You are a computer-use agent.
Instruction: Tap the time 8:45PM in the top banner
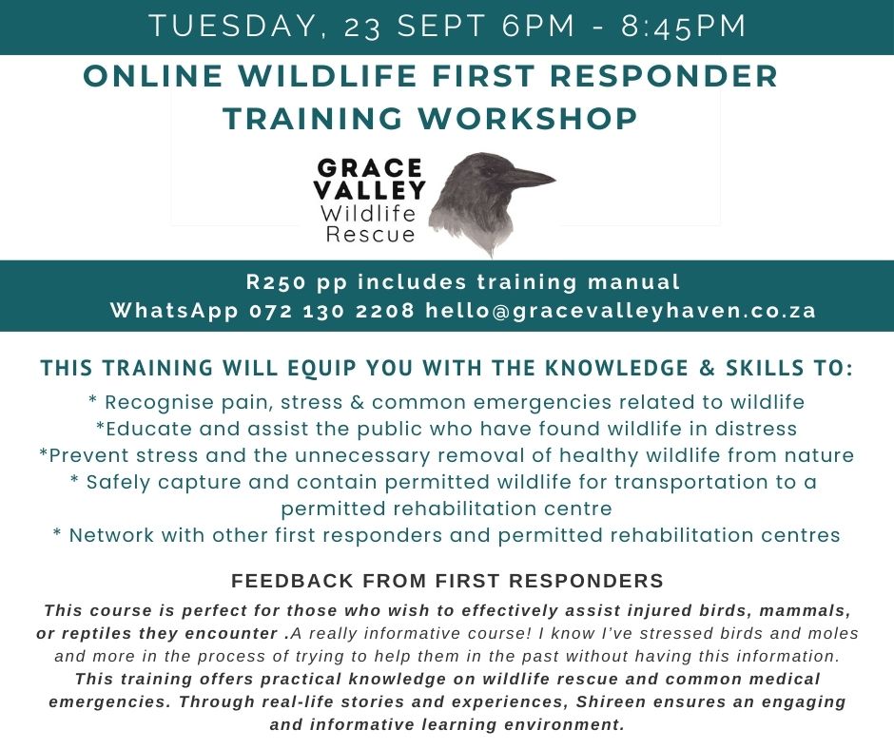click(x=684, y=27)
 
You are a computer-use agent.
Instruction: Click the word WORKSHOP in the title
click(x=528, y=119)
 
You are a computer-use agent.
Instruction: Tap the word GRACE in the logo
click(x=369, y=168)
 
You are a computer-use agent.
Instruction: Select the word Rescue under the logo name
click(x=370, y=234)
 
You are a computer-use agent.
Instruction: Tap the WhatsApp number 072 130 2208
click(x=332, y=311)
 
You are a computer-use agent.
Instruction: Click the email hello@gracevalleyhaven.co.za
click(x=620, y=311)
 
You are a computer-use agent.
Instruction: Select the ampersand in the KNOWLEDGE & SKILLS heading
click(x=707, y=368)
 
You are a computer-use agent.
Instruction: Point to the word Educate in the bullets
click(x=147, y=429)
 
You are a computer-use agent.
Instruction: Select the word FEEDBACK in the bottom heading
click(x=293, y=581)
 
